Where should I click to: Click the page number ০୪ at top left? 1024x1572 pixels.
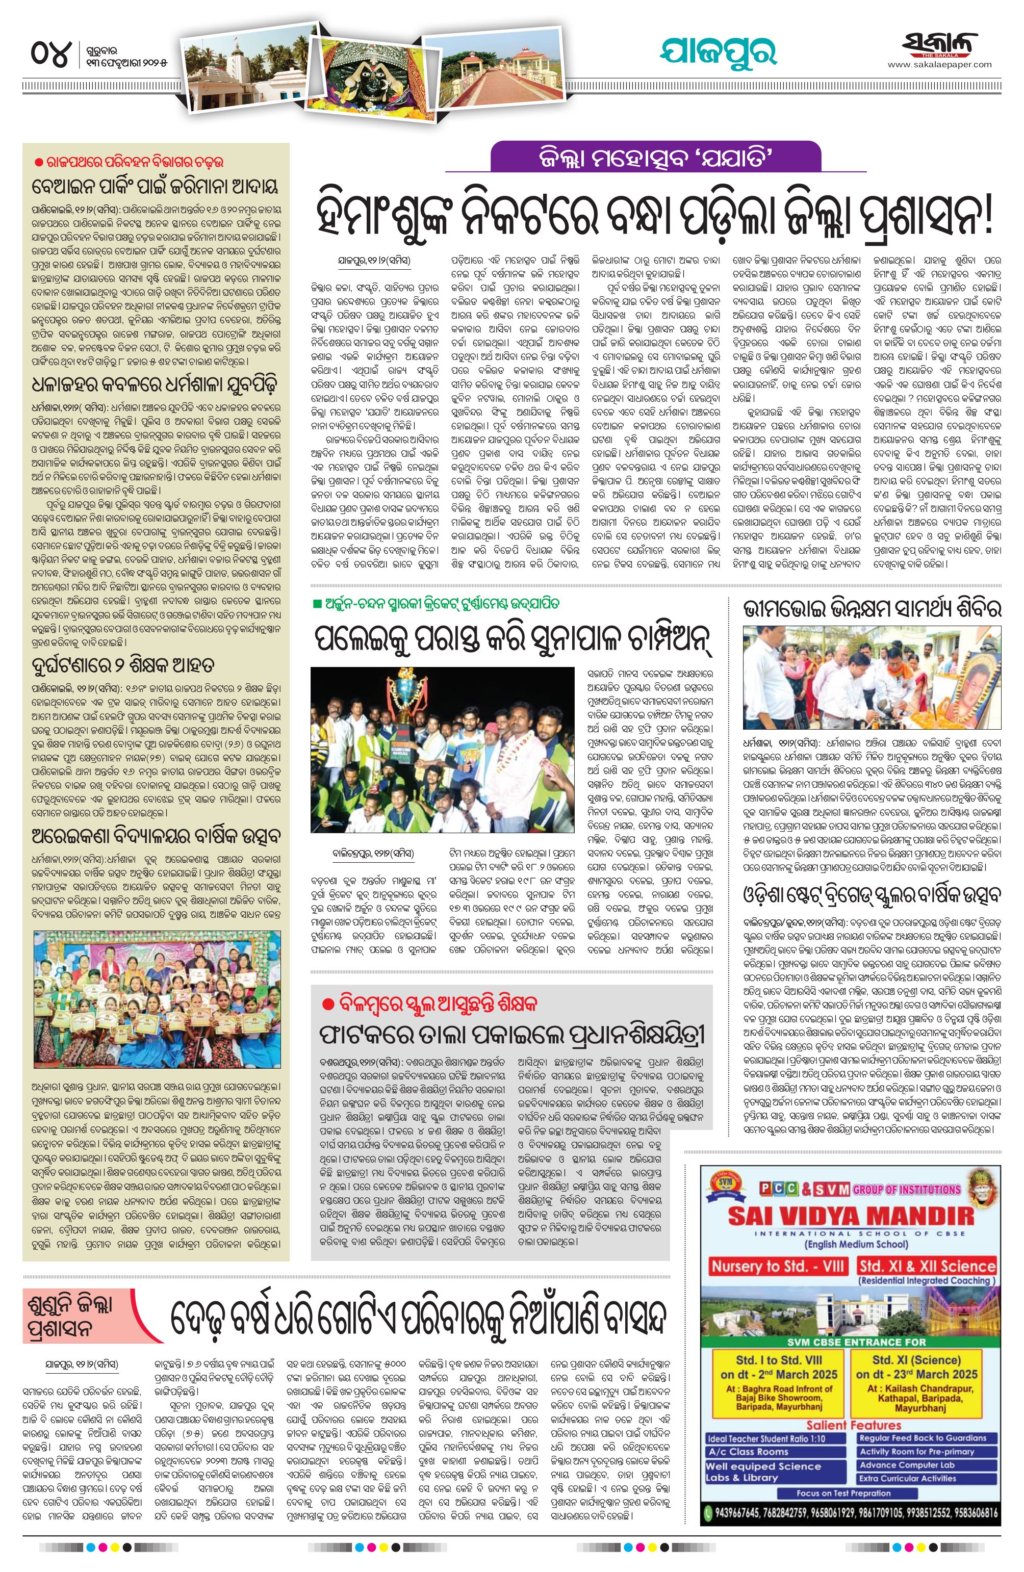click(x=49, y=54)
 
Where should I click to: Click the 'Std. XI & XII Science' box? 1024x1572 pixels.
click(x=926, y=1266)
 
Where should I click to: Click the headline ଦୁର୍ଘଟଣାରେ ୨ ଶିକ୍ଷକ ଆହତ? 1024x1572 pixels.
click(x=123, y=664)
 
